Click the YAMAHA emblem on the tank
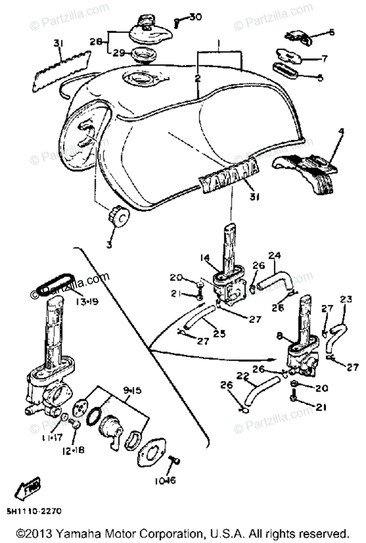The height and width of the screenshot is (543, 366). pyautogui.click(x=229, y=174)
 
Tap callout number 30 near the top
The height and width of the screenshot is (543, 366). pyautogui.click(x=195, y=17)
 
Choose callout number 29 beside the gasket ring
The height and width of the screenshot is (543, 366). pyautogui.click(x=119, y=53)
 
